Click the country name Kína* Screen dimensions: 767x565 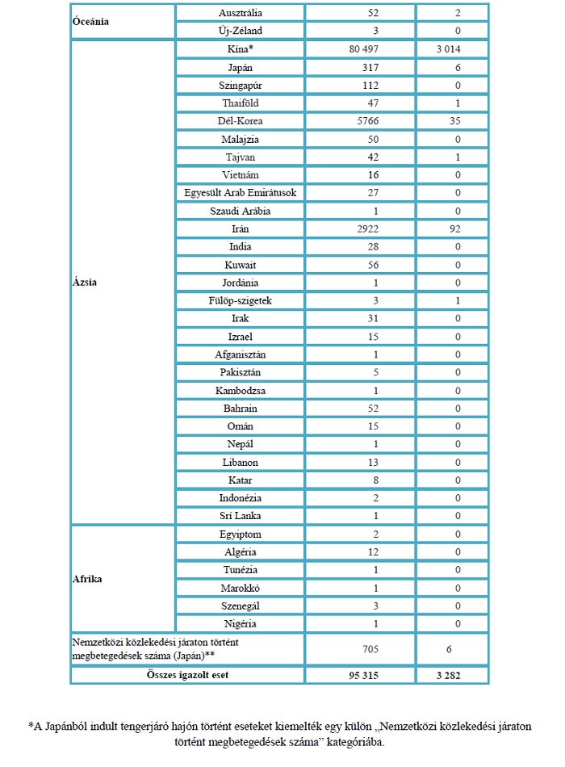[241, 49]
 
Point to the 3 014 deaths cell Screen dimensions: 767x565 [452, 49]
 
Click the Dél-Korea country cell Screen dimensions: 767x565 [241, 121]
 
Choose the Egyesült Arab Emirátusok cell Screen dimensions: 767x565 [241, 193]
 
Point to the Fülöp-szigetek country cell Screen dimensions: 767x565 [241, 301]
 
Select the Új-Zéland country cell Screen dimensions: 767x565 [241, 31]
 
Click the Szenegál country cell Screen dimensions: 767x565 [241, 606]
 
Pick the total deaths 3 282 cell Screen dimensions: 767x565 [452, 674]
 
